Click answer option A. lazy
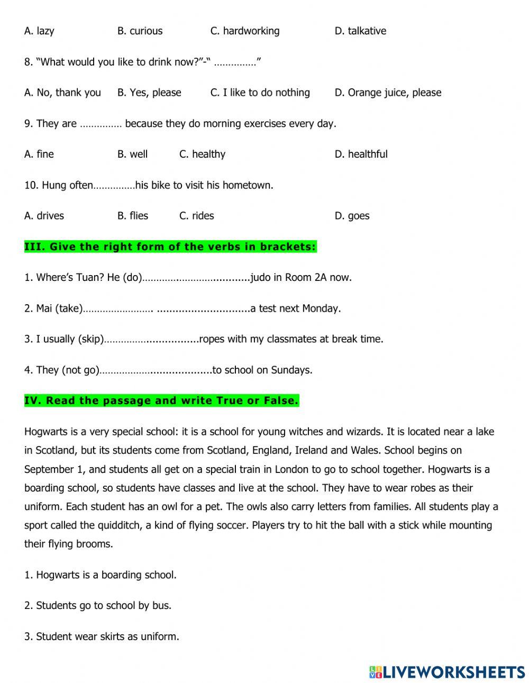coord(39,31)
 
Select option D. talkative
coord(360,31)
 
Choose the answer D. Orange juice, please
coord(388,93)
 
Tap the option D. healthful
coord(361,154)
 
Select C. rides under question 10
coord(197,216)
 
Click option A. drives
coord(44,216)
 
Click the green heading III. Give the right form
coord(170,247)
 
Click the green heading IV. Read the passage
coord(161,401)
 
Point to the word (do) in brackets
coord(132,278)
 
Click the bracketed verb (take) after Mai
coord(69,308)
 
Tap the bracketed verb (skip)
coord(90,339)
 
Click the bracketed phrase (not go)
coord(80,370)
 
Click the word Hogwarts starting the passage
coord(45,432)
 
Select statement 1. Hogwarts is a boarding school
coord(101,575)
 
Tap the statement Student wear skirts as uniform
coord(102,636)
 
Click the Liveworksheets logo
coord(447,672)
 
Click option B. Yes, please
coord(149,93)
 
